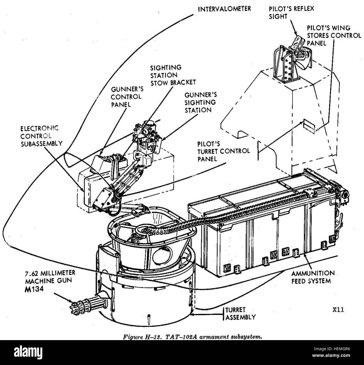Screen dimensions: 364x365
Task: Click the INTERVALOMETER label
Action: (224, 9)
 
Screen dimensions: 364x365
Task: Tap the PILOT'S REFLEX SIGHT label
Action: (291, 13)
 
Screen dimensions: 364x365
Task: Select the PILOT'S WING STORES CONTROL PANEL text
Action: (334, 36)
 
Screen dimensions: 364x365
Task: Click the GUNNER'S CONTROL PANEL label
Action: (127, 97)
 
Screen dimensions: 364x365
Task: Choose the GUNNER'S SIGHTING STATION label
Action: (200, 102)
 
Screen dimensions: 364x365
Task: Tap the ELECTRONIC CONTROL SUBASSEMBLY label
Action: (41, 136)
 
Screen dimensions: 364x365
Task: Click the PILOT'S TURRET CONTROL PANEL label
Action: (224, 152)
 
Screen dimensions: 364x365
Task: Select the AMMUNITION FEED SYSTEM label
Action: (313, 277)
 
